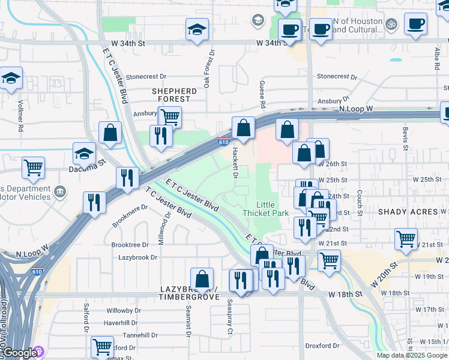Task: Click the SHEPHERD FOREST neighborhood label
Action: point(174,95)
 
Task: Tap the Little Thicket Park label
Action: point(265,209)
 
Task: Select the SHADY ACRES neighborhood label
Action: point(408,212)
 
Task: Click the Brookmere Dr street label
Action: point(130,216)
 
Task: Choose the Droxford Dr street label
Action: point(322,346)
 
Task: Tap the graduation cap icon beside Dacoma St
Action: point(85,153)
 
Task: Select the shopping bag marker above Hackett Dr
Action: point(243,128)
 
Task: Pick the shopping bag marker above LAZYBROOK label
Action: point(202,278)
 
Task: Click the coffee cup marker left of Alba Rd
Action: point(415,24)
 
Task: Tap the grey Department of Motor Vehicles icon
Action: point(60,192)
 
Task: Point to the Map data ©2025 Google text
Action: point(412,355)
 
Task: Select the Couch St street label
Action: point(358,203)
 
